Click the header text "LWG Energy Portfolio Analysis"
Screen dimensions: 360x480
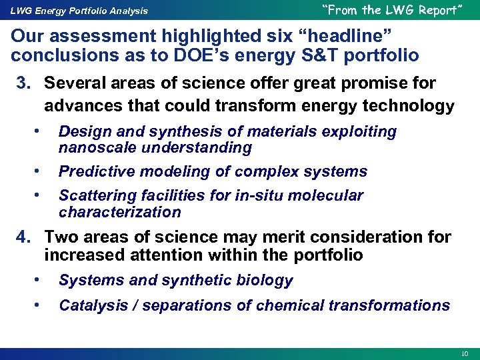tap(79, 11)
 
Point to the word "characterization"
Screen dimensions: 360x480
tap(120, 213)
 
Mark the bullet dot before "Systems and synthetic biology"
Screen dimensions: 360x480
tap(41, 280)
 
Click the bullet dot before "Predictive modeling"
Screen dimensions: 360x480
tap(41, 171)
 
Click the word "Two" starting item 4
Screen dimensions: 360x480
tap(61, 237)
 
